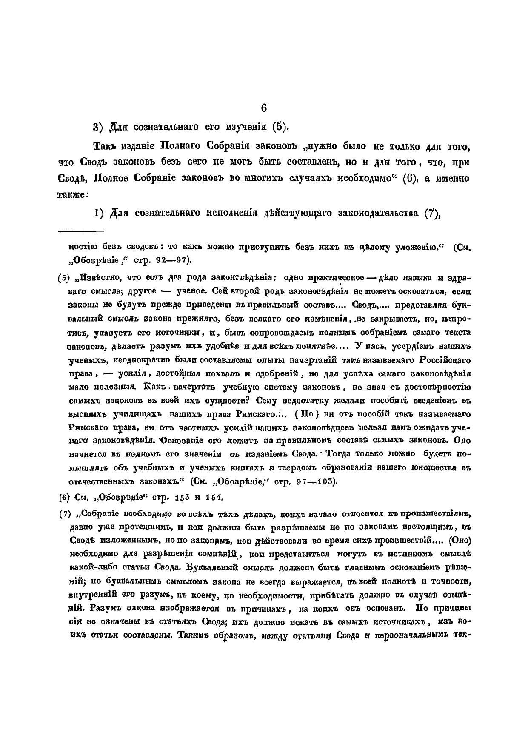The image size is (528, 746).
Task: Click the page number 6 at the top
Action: pos(263,108)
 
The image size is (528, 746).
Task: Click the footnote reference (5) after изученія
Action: pos(280,127)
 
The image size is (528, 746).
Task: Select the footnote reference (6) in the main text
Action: pos(410,179)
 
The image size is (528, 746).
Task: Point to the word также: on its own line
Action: pos(72,194)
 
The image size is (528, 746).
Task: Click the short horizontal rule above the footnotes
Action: pos(81,231)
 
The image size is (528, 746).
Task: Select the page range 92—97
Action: pos(172,259)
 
